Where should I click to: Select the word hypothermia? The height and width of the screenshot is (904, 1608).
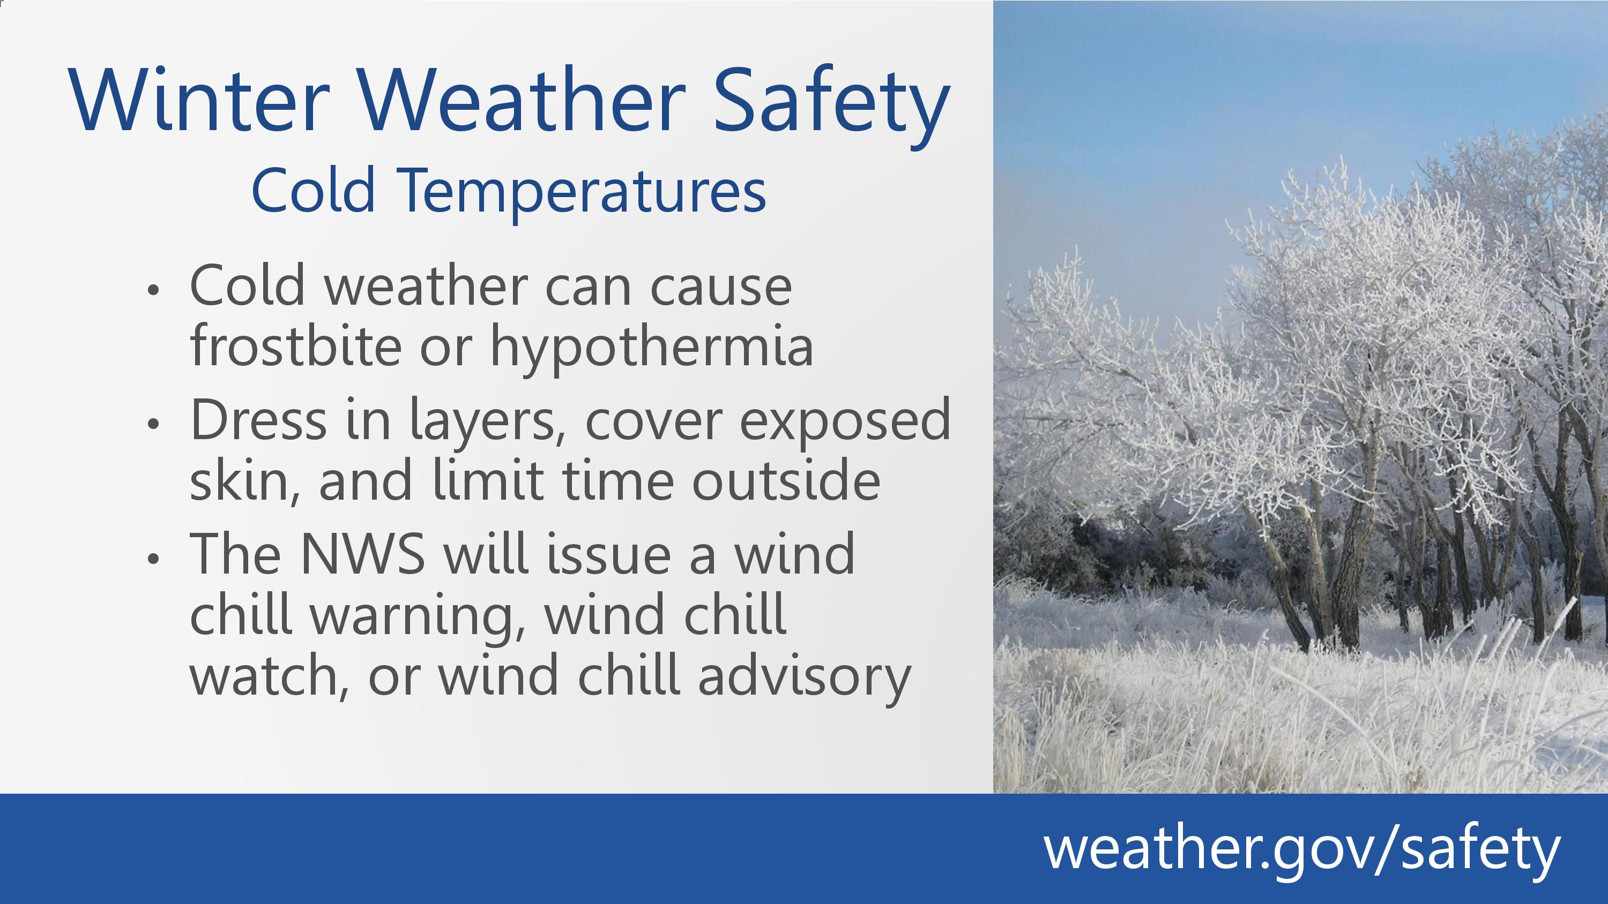tap(652, 349)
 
